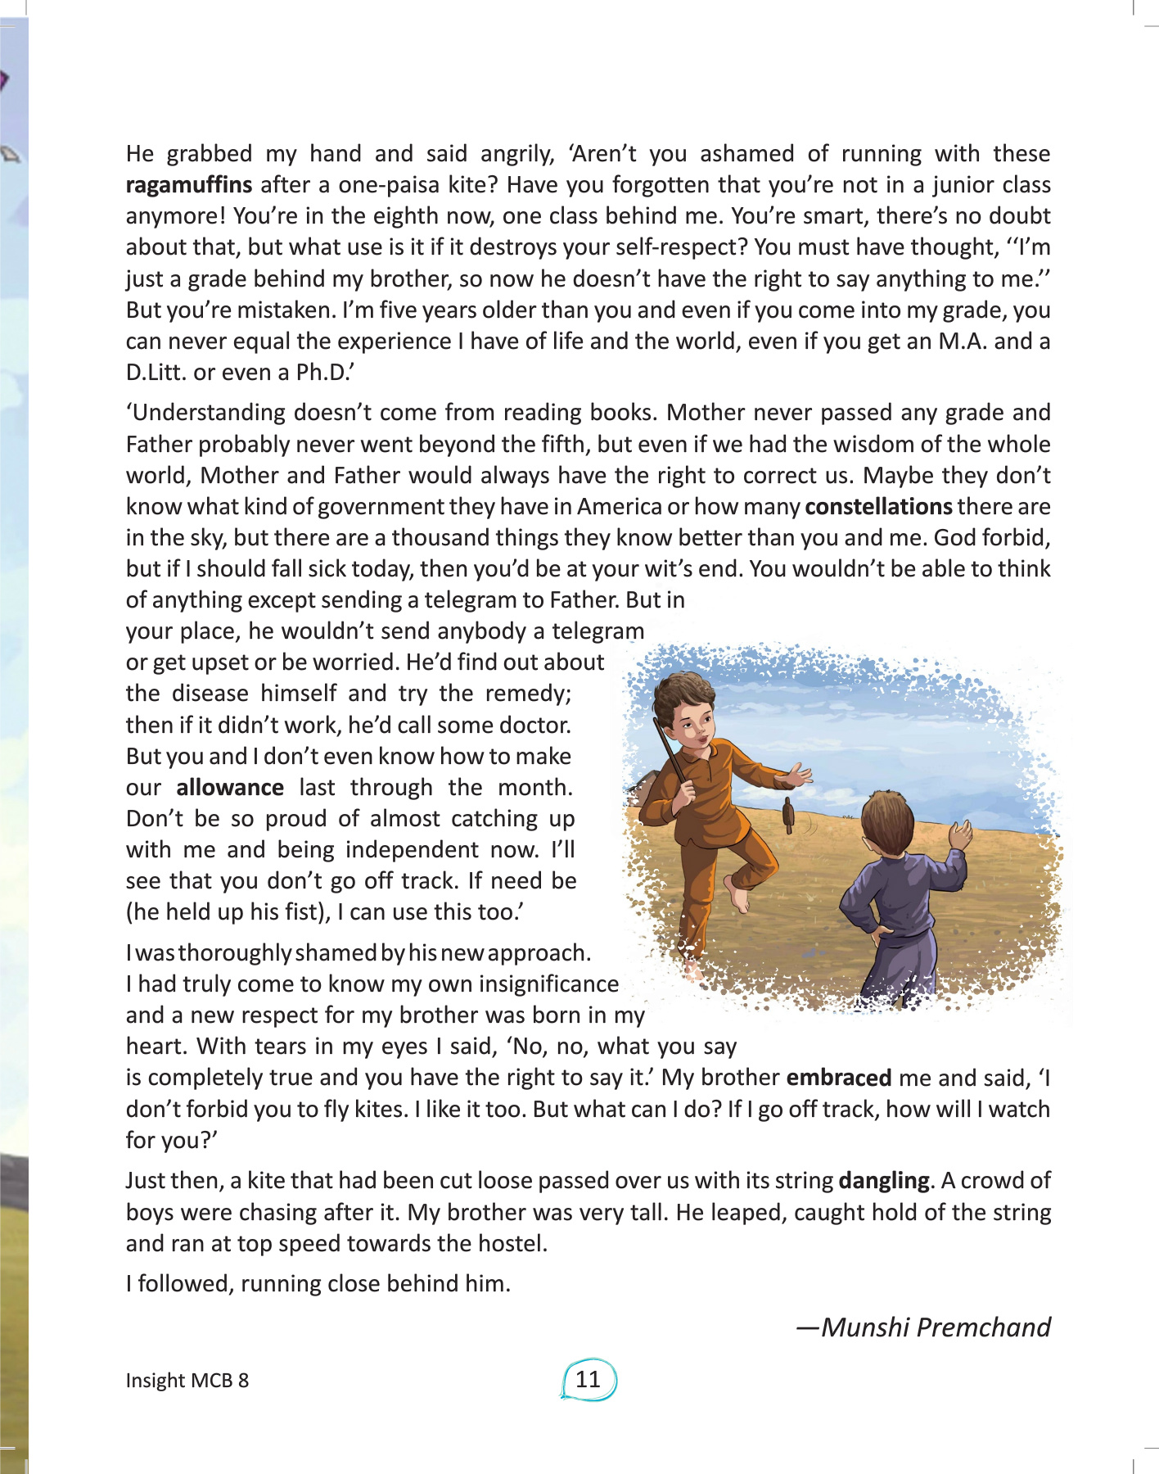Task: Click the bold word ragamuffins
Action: coord(188,185)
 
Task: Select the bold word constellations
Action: coord(878,507)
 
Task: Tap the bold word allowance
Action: coord(230,788)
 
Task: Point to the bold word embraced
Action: coord(838,1078)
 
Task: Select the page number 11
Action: coord(588,1380)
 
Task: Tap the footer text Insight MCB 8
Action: coord(187,1381)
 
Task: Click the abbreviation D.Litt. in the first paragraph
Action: coord(156,373)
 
